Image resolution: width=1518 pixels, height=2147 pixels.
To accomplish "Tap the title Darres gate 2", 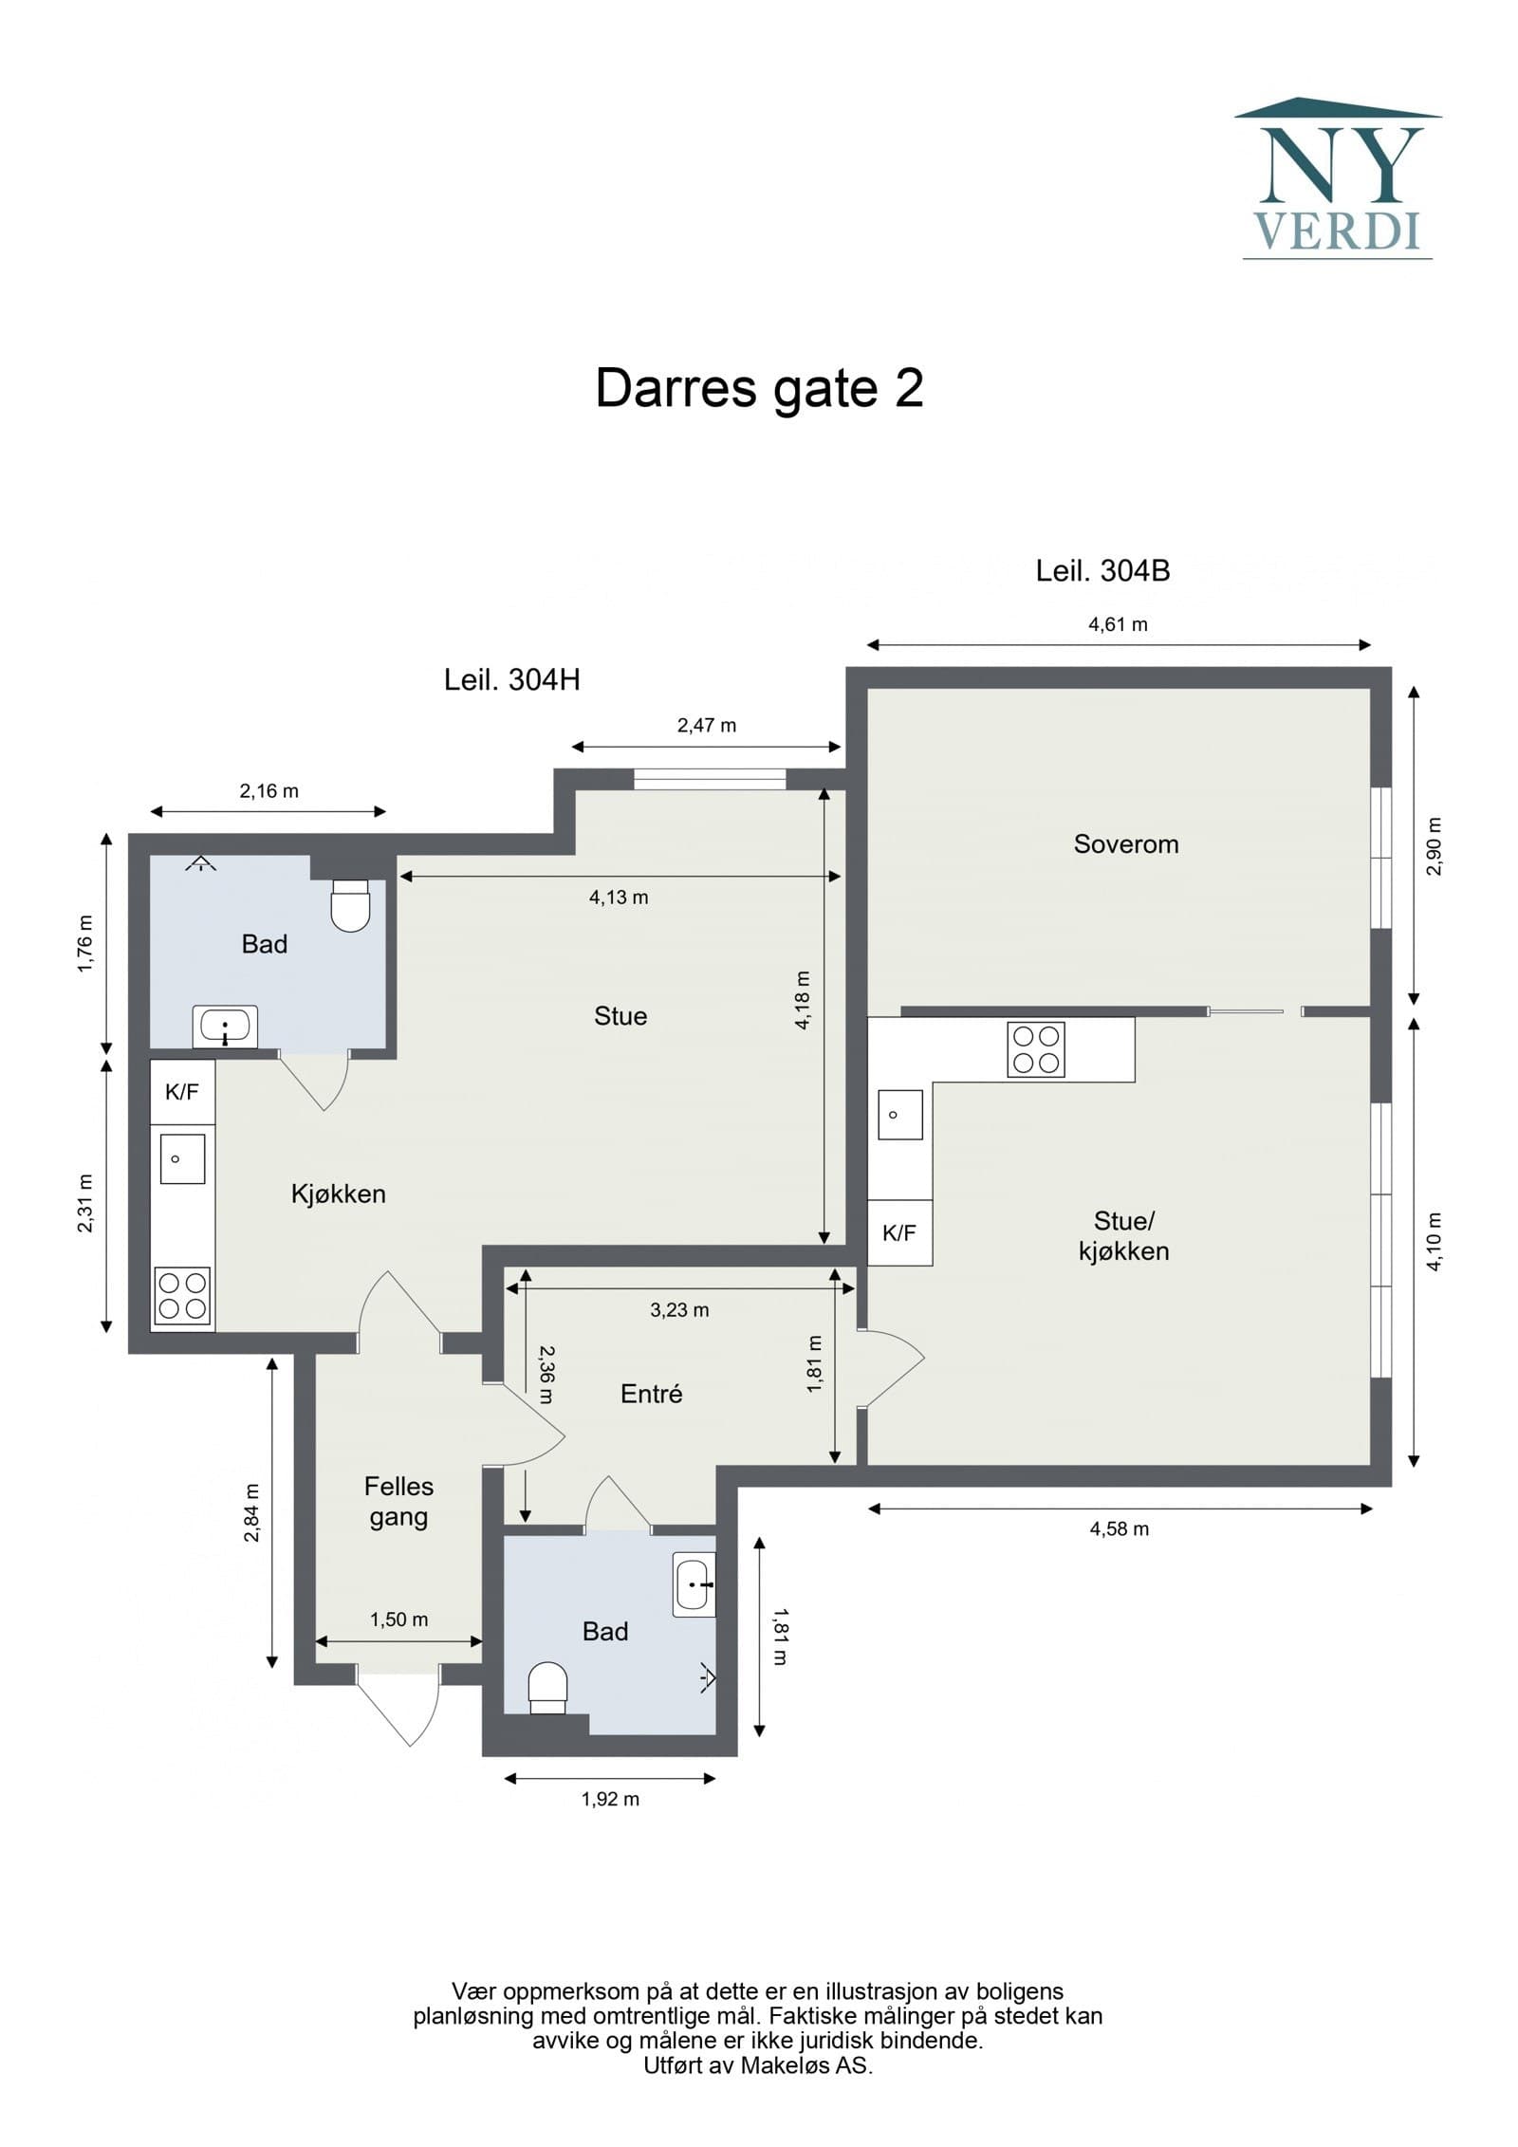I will (x=759, y=388).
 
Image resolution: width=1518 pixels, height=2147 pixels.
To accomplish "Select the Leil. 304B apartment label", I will (x=1102, y=571).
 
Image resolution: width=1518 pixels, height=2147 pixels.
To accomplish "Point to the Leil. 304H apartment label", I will (x=511, y=679).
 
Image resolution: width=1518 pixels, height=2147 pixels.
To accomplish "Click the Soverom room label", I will (x=1125, y=843).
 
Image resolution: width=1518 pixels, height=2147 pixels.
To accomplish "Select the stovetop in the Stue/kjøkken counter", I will (x=1035, y=1048).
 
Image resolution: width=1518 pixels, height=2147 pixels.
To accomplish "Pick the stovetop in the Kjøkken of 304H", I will (x=183, y=1296).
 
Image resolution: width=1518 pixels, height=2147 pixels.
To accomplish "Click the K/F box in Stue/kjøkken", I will (x=899, y=1232).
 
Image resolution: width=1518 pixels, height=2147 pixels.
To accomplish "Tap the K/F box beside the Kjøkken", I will (x=182, y=1092).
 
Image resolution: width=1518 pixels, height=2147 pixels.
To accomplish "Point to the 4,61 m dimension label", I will (x=1118, y=624).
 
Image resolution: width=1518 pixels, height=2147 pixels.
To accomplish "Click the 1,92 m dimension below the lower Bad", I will (x=610, y=1799).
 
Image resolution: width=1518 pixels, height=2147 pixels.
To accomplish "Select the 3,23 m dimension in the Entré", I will (x=679, y=1310).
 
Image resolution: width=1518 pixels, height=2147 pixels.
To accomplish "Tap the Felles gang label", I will (x=398, y=1501).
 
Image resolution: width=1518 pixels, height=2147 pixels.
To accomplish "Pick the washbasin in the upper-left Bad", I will (x=225, y=1027).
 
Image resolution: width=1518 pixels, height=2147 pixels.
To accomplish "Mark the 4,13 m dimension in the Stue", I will (x=619, y=898).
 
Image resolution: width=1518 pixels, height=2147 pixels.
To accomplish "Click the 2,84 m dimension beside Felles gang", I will (x=251, y=1512).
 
